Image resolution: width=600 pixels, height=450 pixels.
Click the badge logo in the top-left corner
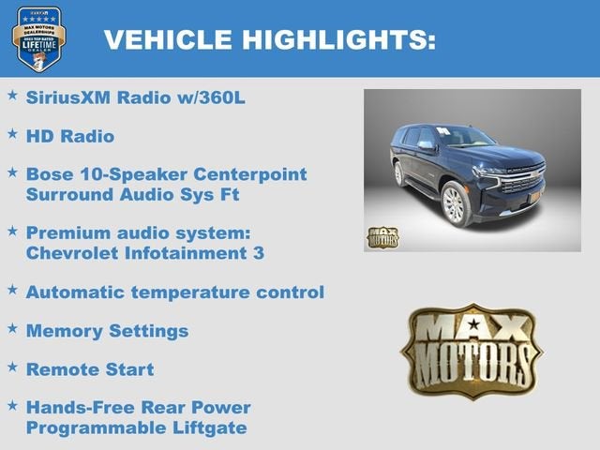pos(38,38)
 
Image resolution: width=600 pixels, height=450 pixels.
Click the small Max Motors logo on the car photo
pos(382,236)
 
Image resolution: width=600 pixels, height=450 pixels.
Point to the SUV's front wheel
pos(456,204)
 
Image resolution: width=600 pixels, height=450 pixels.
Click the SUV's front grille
pos(522,179)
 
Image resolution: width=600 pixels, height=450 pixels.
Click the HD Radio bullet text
pos(70,136)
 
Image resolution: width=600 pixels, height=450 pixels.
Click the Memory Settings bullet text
pos(107,331)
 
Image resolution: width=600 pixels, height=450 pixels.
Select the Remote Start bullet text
pos(89,369)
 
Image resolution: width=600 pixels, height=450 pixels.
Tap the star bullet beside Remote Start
pos(12,367)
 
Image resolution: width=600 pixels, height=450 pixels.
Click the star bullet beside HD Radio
pos(12,134)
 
